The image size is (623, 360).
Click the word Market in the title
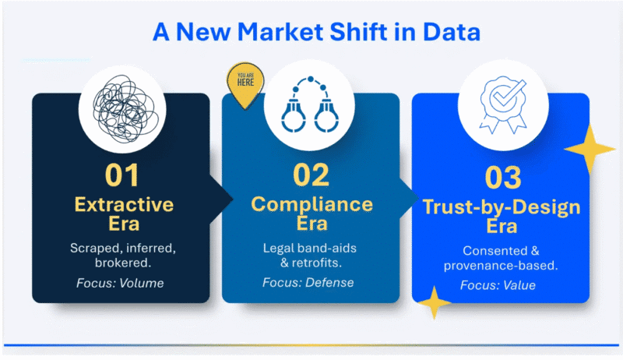point(280,32)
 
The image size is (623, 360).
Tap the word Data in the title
point(452,32)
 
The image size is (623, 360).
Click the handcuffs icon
point(310,104)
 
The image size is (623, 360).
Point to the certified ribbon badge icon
point(503,104)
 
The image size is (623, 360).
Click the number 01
point(122,175)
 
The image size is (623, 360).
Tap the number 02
point(311,175)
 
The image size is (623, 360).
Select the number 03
point(503,178)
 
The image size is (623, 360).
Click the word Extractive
point(124,205)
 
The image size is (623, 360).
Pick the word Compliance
point(312,205)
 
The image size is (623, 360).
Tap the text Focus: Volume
point(120,283)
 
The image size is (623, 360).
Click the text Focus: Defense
point(308,283)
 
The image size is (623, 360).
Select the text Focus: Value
point(498,285)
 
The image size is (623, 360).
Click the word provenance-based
point(501,266)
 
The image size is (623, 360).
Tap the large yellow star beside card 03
point(590,149)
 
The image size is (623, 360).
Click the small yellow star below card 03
point(435,303)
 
